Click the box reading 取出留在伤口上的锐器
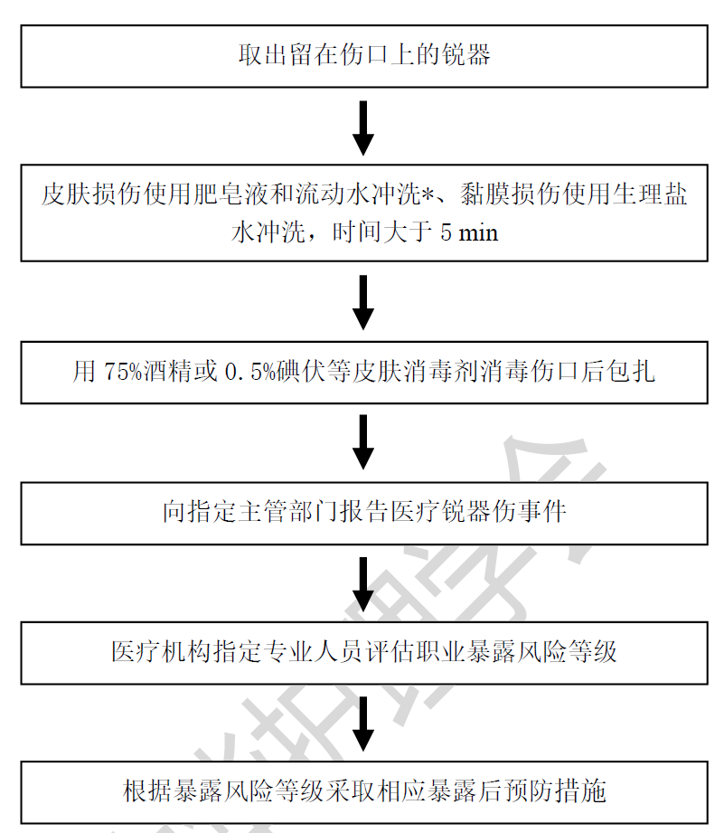pos(364,56)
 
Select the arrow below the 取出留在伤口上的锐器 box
pos(363,128)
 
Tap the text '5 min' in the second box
pos(469,232)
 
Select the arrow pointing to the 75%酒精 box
pos(363,302)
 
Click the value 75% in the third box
pos(123,372)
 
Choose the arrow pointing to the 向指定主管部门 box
pos(363,442)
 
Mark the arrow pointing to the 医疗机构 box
pos(363,584)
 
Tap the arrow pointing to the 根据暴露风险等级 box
pos(363,724)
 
